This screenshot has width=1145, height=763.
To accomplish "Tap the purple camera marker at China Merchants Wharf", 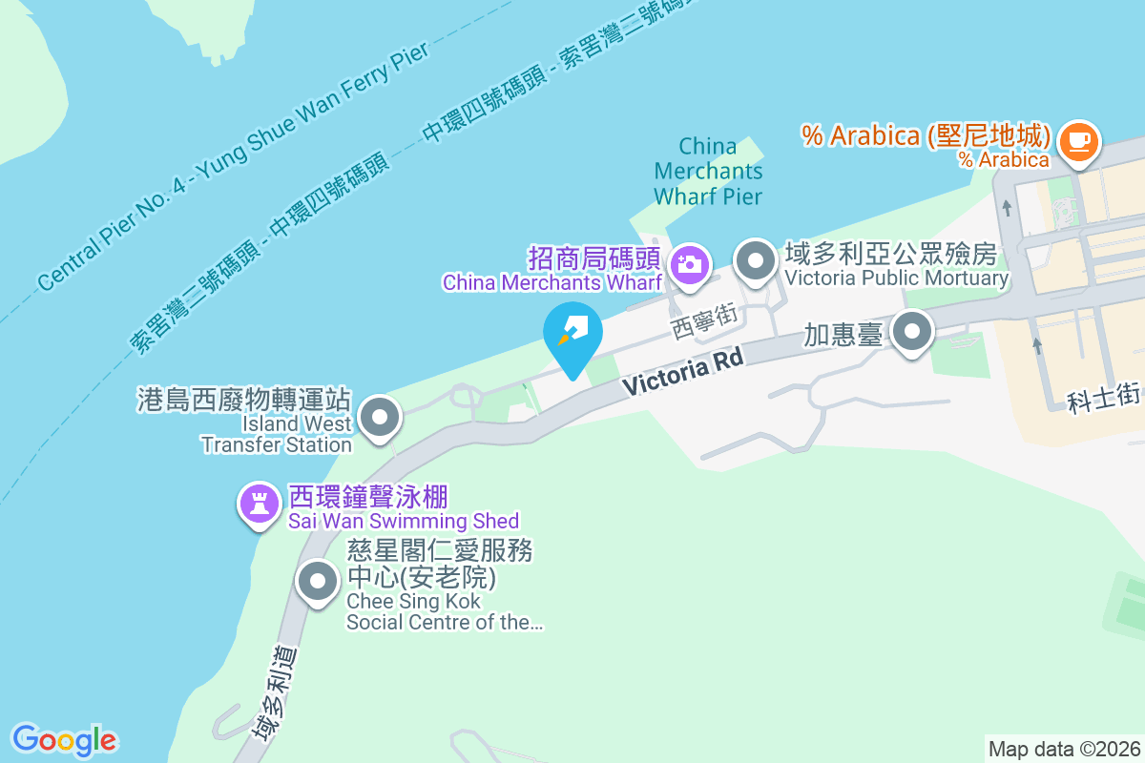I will tap(689, 263).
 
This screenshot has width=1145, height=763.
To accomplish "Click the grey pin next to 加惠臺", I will tap(913, 334).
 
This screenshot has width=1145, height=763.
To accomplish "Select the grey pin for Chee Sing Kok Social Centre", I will tap(317, 581).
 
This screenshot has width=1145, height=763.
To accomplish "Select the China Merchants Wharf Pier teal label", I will tap(708, 172).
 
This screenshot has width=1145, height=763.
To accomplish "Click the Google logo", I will tap(64, 740).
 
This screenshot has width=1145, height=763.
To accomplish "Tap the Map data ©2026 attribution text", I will tap(1064, 749).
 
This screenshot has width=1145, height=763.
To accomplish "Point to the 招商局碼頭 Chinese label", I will tap(594, 258).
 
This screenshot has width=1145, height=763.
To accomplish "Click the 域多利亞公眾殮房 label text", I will tap(890, 254).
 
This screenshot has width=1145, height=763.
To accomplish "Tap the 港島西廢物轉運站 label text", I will tap(245, 400).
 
